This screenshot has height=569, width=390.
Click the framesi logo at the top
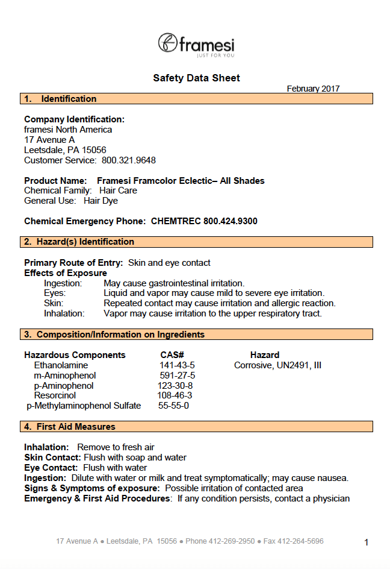click(196, 45)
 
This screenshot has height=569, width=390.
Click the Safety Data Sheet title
click(196, 78)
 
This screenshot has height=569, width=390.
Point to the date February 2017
click(313, 89)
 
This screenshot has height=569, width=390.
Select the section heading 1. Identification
click(60, 99)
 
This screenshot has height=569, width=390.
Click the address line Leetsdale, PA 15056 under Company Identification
click(65, 150)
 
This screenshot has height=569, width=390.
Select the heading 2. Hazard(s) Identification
click(79, 242)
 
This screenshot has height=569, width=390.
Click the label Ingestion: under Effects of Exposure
click(63, 283)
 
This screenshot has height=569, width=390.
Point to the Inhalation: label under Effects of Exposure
click(64, 313)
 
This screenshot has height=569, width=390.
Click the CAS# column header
click(172, 355)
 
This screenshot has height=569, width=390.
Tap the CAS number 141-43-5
click(177, 365)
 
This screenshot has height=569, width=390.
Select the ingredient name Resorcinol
click(54, 395)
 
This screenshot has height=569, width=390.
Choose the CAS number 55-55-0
click(174, 406)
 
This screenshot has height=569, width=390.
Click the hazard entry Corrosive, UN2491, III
click(278, 365)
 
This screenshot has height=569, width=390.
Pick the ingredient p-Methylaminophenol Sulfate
click(84, 406)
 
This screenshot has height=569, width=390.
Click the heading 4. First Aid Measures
click(70, 427)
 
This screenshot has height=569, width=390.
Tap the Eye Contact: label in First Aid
click(51, 468)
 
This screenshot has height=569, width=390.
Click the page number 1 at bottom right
click(367, 542)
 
